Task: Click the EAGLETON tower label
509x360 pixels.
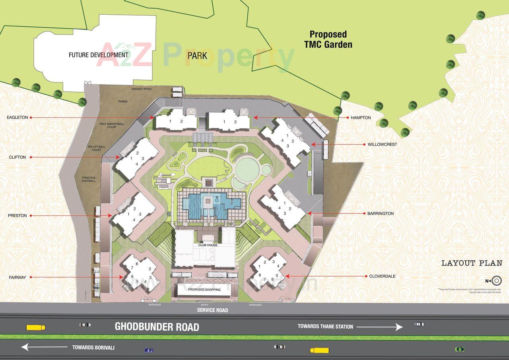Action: tap(17, 118)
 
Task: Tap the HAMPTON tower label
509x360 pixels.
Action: tap(361, 118)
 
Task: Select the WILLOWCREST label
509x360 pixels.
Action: tap(382, 145)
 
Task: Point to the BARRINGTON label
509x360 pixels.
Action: tap(380, 213)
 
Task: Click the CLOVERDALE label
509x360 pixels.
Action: tap(382, 276)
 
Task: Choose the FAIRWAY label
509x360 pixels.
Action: tap(17, 277)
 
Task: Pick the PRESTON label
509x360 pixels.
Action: tap(17, 216)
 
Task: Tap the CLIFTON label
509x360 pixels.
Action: tap(17, 157)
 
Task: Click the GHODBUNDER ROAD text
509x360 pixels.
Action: tap(157, 327)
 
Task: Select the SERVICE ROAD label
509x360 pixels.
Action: tap(212, 310)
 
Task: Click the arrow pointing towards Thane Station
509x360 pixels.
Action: tap(379, 327)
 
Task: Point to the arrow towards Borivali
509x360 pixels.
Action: tap(44, 347)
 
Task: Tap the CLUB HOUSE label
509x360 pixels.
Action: tap(208, 245)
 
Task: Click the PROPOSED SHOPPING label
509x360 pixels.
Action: tap(204, 290)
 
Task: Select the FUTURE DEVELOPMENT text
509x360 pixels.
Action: tap(98, 55)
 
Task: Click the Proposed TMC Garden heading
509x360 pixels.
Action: tap(328, 39)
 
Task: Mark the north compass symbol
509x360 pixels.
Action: tap(496, 281)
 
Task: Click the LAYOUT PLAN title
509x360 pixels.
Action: tap(472, 263)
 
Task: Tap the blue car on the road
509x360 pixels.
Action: tap(149, 350)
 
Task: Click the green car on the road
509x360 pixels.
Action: tap(459, 349)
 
